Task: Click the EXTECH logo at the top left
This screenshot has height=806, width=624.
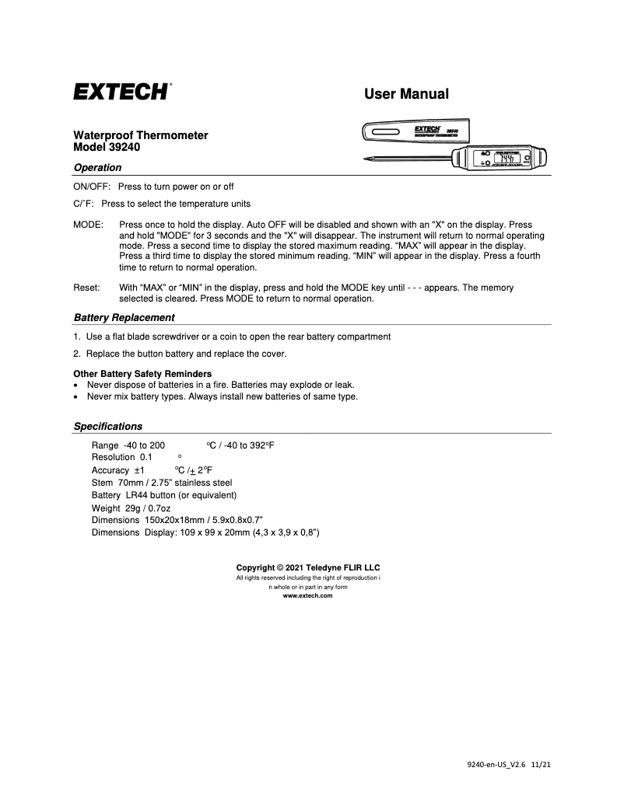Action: click(122, 92)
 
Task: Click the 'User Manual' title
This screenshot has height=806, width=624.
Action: click(406, 94)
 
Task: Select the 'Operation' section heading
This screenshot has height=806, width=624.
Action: click(97, 167)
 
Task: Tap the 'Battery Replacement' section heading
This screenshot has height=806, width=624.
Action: click(124, 317)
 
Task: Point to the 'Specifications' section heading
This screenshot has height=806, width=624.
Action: click(108, 426)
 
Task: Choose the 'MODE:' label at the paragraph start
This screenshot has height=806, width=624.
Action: click(87, 224)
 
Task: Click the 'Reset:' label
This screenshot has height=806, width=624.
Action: click(86, 288)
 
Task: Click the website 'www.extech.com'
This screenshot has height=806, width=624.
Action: click(307, 595)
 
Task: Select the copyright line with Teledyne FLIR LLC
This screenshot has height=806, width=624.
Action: click(308, 567)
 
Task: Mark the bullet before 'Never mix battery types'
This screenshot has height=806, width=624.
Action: click(75, 396)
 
